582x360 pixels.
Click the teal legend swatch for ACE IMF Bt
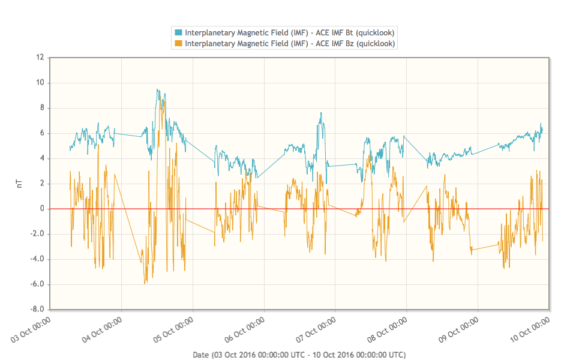coord(178,32)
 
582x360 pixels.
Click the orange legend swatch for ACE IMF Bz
coord(178,44)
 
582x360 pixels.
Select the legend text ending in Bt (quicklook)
coord(289,32)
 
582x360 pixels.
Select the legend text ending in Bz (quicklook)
coord(289,44)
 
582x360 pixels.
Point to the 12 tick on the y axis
coord(40,58)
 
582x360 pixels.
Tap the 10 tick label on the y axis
coord(40,83)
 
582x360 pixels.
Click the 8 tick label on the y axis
coord(42,108)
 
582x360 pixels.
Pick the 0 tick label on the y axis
coord(42,209)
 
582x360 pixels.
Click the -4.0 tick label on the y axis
coord(38,259)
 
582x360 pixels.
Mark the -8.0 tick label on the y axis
coord(38,310)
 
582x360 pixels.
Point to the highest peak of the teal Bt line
coord(157,89)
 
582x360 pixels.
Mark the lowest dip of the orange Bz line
coord(145,283)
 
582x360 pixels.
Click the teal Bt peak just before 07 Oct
coord(321,113)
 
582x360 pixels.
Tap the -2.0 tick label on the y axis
coord(38,234)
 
